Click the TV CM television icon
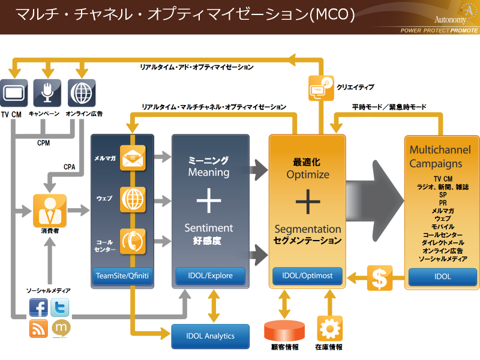[14, 93]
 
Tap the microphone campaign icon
[47, 93]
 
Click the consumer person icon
[49, 210]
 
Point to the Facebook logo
[39, 308]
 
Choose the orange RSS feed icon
[39, 328]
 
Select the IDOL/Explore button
[211, 276]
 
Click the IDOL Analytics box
[211, 336]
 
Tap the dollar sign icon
[380, 278]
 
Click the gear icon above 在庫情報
[329, 329]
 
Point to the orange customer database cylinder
[284, 331]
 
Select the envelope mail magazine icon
[133, 158]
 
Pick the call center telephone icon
[133, 241]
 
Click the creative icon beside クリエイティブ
[320, 88]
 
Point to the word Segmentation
[308, 229]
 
